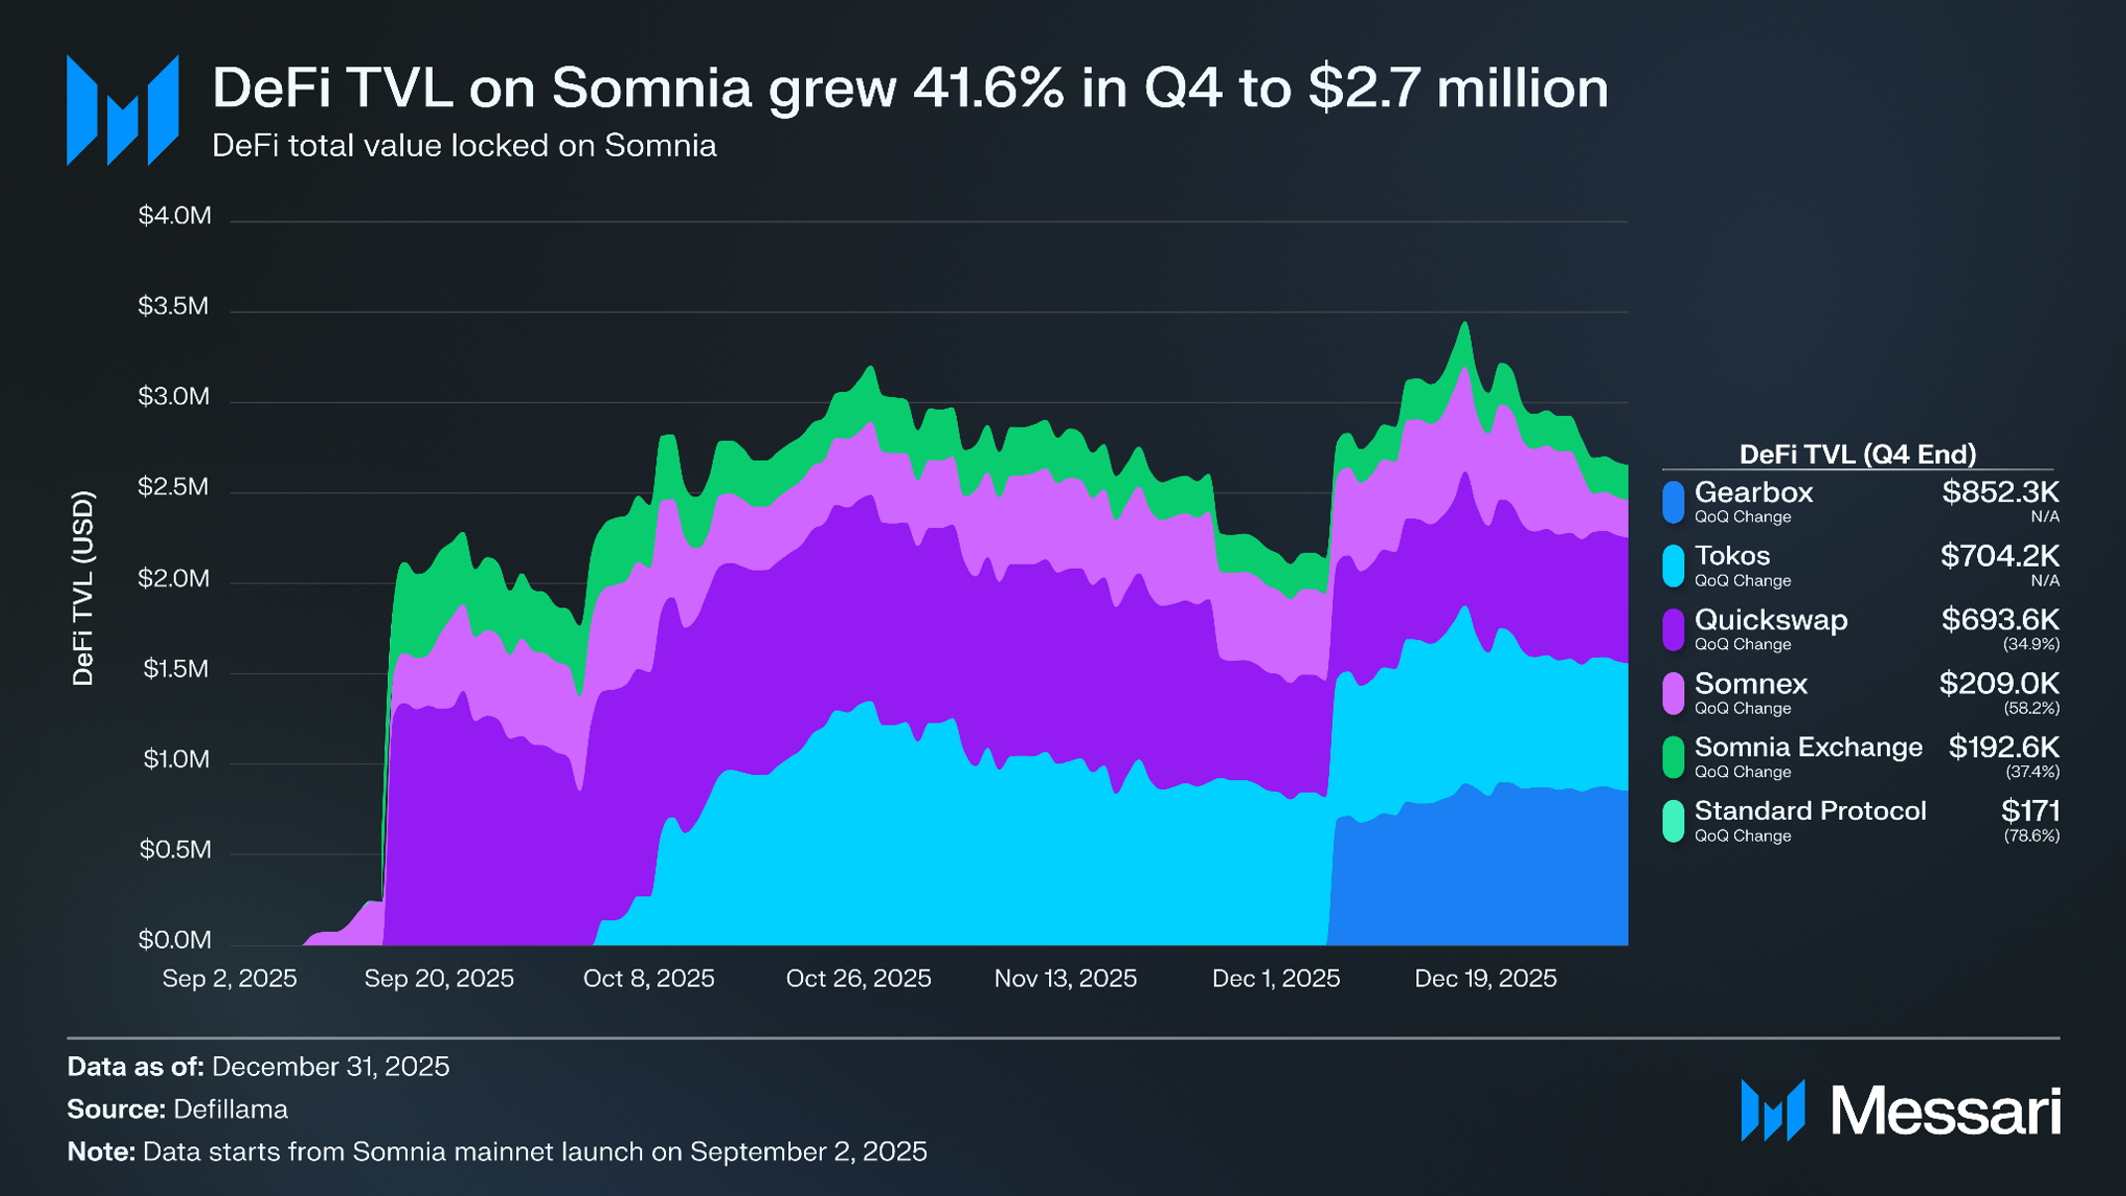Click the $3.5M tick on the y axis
[x=174, y=306]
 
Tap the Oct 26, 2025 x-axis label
[x=859, y=979]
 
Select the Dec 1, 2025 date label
[x=1275, y=979]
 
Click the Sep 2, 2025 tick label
[x=229, y=979]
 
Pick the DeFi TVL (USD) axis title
[x=83, y=588]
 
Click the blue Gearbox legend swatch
[x=1673, y=502]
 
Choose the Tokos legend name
[x=1732, y=556]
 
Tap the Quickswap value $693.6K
[x=2000, y=620]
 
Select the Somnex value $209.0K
[x=1999, y=684]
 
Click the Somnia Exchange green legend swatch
[x=1673, y=757]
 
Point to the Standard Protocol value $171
[x=2030, y=811]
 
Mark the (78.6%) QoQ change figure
[x=2031, y=836]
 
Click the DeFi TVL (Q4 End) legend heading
[x=1857, y=455]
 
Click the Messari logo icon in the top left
[x=122, y=110]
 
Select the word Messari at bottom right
[x=1945, y=1111]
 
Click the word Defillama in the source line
[x=230, y=1109]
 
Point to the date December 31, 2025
[x=331, y=1066]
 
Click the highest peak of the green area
[x=1464, y=324]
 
